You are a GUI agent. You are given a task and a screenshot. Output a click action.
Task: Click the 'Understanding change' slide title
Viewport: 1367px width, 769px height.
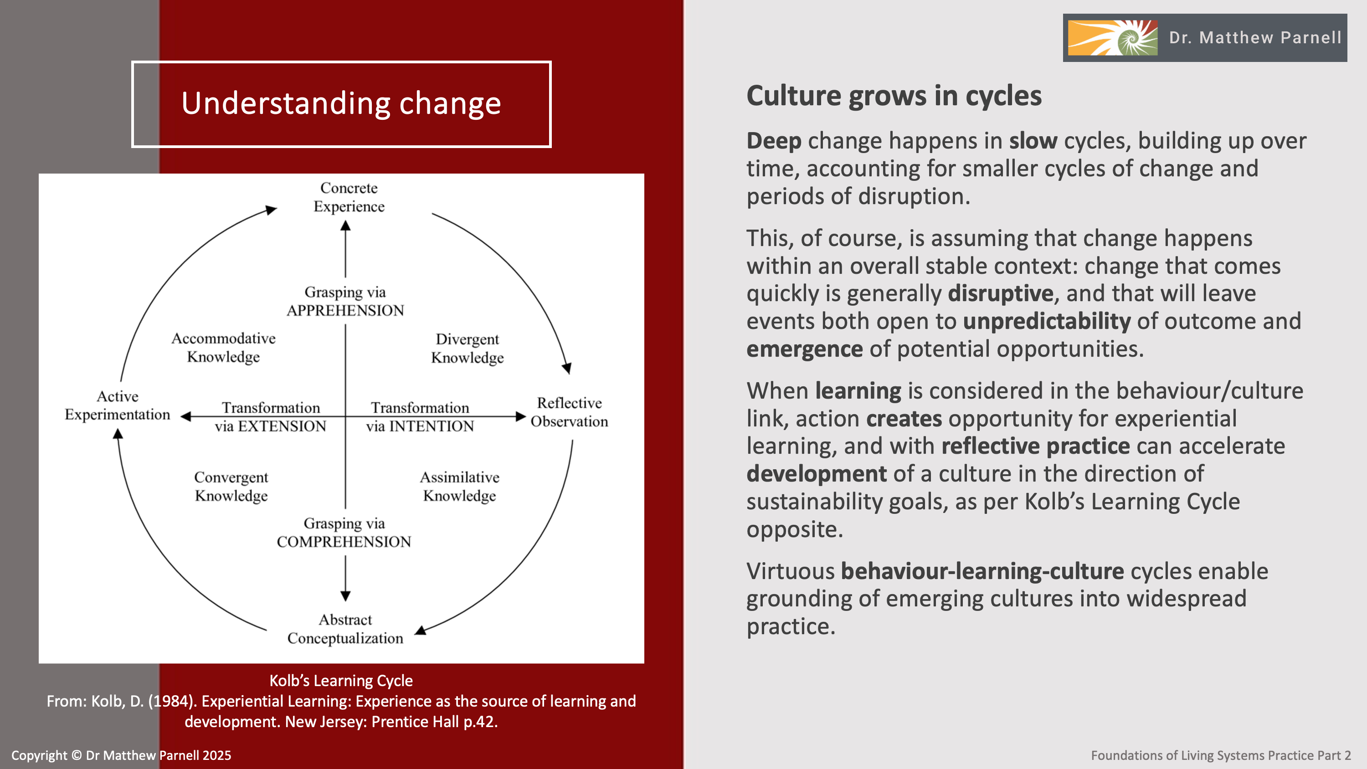pyautogui.click(x=341, y=103)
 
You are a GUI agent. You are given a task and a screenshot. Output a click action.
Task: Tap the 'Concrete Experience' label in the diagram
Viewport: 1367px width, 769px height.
pyautogui.click(x=349, y=197)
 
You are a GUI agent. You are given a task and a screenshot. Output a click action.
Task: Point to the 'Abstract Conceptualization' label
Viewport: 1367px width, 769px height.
pyautogui.click(x=345, y=629)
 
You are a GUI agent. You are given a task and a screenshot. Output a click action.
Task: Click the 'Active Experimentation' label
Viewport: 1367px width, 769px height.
pyautogui.click(x=117, y=405)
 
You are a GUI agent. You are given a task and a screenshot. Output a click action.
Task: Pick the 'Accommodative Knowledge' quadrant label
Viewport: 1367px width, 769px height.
pyautogui.click(x=223, y=348)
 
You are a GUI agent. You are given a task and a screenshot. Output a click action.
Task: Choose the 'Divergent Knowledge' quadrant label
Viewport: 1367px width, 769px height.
pyautogui.click(x=467, y=348)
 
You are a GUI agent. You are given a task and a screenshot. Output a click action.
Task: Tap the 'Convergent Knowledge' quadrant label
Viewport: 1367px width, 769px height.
pyautogui.click(x=231, y=486)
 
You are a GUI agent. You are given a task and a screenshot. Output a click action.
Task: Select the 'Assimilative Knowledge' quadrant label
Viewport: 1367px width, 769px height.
pyautogui.click(x=460, y=486)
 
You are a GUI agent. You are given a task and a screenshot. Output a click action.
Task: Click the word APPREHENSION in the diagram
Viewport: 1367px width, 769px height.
pyautogui.click(x=345, y=310)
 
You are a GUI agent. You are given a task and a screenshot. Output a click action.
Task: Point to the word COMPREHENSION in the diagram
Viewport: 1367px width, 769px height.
pyautogui.click(x=344, y=542)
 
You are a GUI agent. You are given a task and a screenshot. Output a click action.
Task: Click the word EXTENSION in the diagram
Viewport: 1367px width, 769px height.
pyautogui.click(x=282, y=426)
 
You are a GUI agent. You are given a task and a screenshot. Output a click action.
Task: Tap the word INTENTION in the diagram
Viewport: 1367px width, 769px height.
pyautogui.click(x=432, y=426)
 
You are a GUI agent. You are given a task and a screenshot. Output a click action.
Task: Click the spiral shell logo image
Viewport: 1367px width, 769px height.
pyautogui.click(x=1112, y=38)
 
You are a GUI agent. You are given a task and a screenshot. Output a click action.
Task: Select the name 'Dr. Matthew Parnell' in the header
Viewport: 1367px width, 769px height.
pyautogui.click(x=1255, y=38)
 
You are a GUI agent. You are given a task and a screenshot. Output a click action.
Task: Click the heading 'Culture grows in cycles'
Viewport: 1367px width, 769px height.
pyautogui.click(x=894, y=96)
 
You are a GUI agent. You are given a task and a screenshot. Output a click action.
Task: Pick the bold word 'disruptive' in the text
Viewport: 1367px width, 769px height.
pyautogui.click(x=1000, y=293)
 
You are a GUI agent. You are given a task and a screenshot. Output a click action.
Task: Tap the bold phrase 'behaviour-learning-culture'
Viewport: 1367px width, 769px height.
pyautogui.click(x=982, y=571)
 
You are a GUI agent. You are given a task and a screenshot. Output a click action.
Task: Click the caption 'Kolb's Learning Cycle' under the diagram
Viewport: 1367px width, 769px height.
pyautogui.click(x=341, y=680)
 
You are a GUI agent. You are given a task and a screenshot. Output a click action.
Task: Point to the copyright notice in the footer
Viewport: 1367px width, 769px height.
pyautogui.click(x=122, y=755)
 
